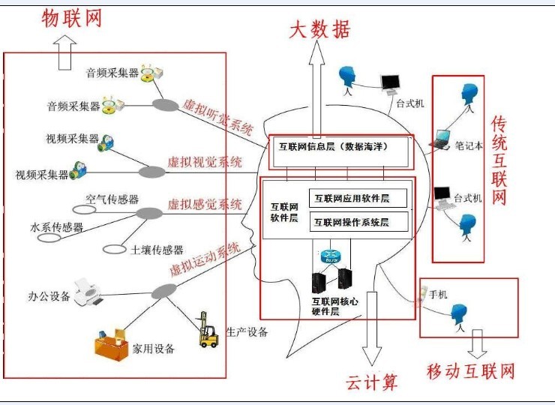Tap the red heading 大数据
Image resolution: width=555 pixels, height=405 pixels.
pyautogui.click(x=319, y=29)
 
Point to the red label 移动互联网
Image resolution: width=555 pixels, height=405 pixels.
pyautogui.click(x=470, y=370)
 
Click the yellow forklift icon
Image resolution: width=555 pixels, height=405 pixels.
pyautogui.click(x=208, y=331)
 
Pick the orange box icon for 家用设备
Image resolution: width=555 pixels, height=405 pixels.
pyautogui.click(x=111, y=346)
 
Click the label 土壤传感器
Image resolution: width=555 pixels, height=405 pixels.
pyautogui.click(x=157, y=250)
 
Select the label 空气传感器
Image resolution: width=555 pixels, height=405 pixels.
pyautogui.click(x=112, y=199)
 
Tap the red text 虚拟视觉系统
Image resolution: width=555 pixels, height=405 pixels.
pyautogui.click(x=205, y=162)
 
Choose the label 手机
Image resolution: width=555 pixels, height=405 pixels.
pyautogui.click(x=438, y=295)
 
